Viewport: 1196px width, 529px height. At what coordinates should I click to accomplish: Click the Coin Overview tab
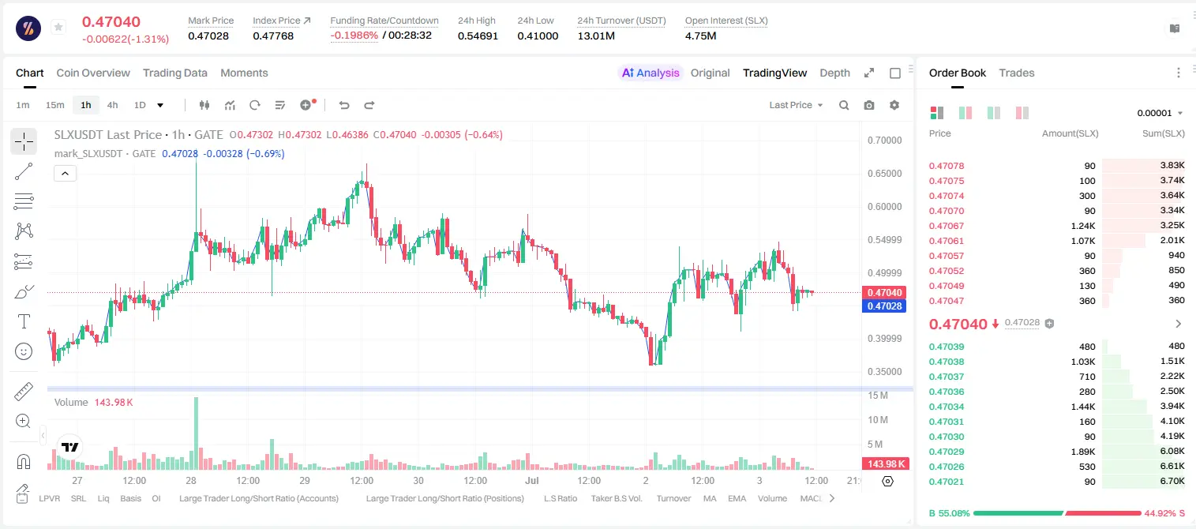tap(93, 73)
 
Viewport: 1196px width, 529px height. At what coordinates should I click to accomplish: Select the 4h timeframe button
tap(112, 105)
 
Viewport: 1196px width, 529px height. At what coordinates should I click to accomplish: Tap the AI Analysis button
tap(650, 73)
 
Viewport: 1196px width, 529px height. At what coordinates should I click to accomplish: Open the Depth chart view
tap(834, 73)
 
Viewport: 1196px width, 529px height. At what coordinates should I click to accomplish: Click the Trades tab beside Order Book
tap(1017, 73)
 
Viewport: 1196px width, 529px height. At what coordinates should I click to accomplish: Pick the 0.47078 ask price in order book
tap(946, 166)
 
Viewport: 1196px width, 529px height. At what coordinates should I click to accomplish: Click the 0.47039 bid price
tap(946, 347)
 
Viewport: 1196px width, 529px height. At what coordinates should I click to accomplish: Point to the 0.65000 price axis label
tap(885, 174)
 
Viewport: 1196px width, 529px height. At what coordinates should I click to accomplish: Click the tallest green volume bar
tap(196, 433)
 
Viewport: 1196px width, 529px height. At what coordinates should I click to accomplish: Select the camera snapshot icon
tap(869, 105)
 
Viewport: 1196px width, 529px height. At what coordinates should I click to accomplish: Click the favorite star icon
tap(58, 27)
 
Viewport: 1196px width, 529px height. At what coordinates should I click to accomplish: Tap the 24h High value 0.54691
tap(478, 36)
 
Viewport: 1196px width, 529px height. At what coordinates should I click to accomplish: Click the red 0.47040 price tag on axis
tap(884, 292)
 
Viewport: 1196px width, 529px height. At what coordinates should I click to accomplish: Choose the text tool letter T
tap(24, 321)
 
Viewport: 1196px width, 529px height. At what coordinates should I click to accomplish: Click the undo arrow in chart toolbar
tap(344, 105)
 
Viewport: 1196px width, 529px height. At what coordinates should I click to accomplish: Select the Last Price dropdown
tap(796, 105)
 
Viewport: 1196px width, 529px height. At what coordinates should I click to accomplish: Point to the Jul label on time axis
tap(532, 480)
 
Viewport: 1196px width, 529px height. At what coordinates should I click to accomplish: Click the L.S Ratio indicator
tap(560, 498)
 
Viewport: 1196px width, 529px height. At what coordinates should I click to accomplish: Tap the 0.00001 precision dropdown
tap(1160, 113)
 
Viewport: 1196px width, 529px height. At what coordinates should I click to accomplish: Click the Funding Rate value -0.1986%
tap(354, 36)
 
